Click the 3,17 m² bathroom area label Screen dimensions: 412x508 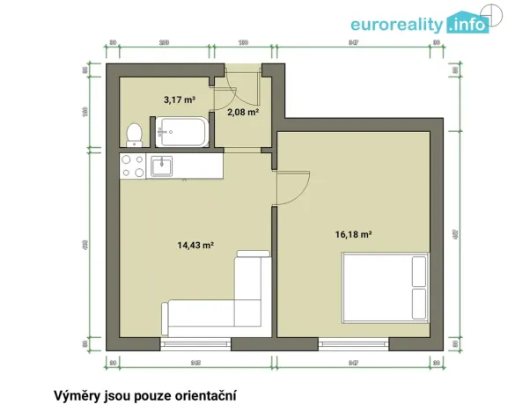[x=179, y=100]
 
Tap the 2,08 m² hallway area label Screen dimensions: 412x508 [x=242, y=112]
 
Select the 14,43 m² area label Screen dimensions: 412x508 [x=196, y=246]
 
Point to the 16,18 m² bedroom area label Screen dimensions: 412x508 [x=353, y=235]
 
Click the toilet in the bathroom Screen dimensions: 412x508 [x=134, y=134]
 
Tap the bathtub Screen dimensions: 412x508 [x=182, y=134]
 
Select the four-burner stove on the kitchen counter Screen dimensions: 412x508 [x=132, y=166]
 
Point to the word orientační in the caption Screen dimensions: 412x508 [x=205, y=396]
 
